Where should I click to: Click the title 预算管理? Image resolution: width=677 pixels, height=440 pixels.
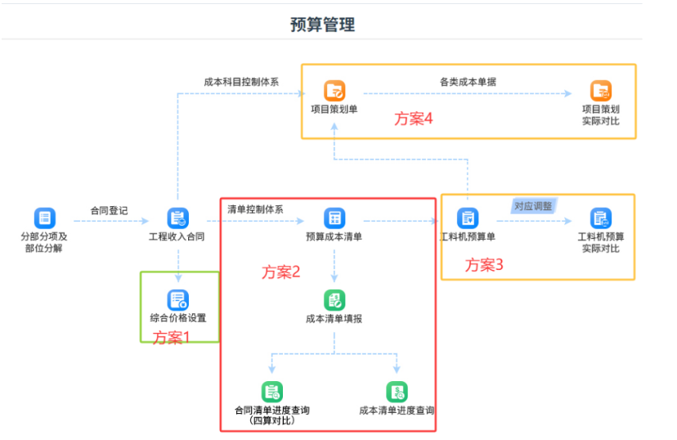pyautogui.click(x=322, y=25)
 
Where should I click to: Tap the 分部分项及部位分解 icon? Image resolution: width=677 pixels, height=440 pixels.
pyautogui.click(x=44, y=218)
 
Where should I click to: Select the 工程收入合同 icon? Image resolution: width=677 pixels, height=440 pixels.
pyautogui.click(x=178, y=218)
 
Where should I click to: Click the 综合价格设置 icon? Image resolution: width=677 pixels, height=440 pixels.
pyautogui.click(x=178, y=299)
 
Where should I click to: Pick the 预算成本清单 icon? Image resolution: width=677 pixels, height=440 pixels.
pyautogui.click(x=334, y=218)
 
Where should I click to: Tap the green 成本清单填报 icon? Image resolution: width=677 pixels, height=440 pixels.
pyautogui.click(x=334, y=300)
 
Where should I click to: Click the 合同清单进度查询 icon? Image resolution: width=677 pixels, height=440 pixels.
pyautogui.click(x=272, y=392)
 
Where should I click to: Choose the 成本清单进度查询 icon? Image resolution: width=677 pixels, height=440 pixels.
pyautogui.click(x=397, y=392)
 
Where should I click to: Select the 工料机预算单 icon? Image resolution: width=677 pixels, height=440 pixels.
pyautogui.click(x=468, y=218)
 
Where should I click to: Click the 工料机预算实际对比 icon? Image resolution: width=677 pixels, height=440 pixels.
pyautogui.click(x=601, y=218)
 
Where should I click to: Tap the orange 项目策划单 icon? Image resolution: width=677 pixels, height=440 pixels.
pyautogui.click(x=334, y=91)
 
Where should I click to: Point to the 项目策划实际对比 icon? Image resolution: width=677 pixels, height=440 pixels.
pyautogui.click(x=601, y=91)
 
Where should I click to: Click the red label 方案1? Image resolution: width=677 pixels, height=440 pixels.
pyautogui.click(x=171, y=337)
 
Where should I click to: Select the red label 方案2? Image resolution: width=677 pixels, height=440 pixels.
pyautogui.click(x=280, y=272)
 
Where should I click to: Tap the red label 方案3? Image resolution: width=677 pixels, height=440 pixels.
pyautogui.click(x=484, y=265)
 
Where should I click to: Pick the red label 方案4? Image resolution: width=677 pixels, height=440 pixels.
pyautogui.click(x=413, y=119)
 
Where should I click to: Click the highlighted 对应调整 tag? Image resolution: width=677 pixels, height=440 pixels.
pyautogui.click(x=534, y=206)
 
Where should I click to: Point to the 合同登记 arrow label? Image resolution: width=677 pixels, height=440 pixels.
pyautogui.click(x=109, y=211)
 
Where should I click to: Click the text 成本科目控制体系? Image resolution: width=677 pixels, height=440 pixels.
pyautogui.click(x=241, y=82)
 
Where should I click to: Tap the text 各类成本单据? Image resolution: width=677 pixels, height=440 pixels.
pyautogui.click(x=468, y=82)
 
